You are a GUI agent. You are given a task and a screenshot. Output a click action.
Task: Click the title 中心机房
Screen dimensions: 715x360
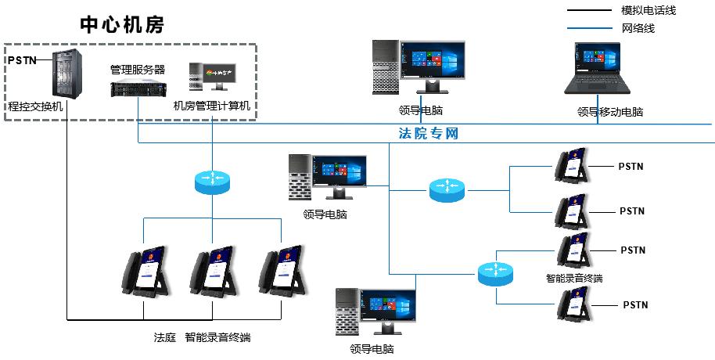point(122,24)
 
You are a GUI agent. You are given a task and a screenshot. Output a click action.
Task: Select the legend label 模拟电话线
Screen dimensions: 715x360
point(649,10)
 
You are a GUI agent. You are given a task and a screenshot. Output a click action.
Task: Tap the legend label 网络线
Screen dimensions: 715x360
point(638,28)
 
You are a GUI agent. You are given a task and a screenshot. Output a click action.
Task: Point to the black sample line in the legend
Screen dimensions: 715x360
point(589,10)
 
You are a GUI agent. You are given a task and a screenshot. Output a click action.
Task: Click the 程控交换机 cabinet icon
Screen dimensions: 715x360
point(67,74)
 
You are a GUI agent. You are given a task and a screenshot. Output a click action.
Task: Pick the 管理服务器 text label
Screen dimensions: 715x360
point(138,70)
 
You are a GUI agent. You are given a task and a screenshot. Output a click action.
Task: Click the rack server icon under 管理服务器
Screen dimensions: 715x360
point(138,88)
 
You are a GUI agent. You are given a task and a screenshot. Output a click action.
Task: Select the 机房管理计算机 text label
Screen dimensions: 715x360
point(212,106)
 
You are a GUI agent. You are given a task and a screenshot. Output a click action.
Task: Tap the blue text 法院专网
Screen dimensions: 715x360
point(428,133)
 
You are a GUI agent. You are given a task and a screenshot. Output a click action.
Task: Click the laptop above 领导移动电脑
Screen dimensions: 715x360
point(598,68)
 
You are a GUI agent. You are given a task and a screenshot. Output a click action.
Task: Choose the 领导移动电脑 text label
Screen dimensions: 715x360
point(610,112)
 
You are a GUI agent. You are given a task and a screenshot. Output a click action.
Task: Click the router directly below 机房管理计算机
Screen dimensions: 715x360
point(213,181)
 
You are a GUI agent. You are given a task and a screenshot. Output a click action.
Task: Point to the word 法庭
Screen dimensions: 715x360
point(165,337)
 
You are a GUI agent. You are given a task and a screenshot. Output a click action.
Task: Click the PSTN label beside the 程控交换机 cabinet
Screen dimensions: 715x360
point(23,60)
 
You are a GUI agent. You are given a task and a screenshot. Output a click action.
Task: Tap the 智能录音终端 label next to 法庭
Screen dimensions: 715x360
point(218,337)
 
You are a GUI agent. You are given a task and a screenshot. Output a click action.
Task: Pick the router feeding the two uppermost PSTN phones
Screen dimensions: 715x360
point(447,190)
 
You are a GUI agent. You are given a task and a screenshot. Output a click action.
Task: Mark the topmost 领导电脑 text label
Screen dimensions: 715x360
point(420,110)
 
